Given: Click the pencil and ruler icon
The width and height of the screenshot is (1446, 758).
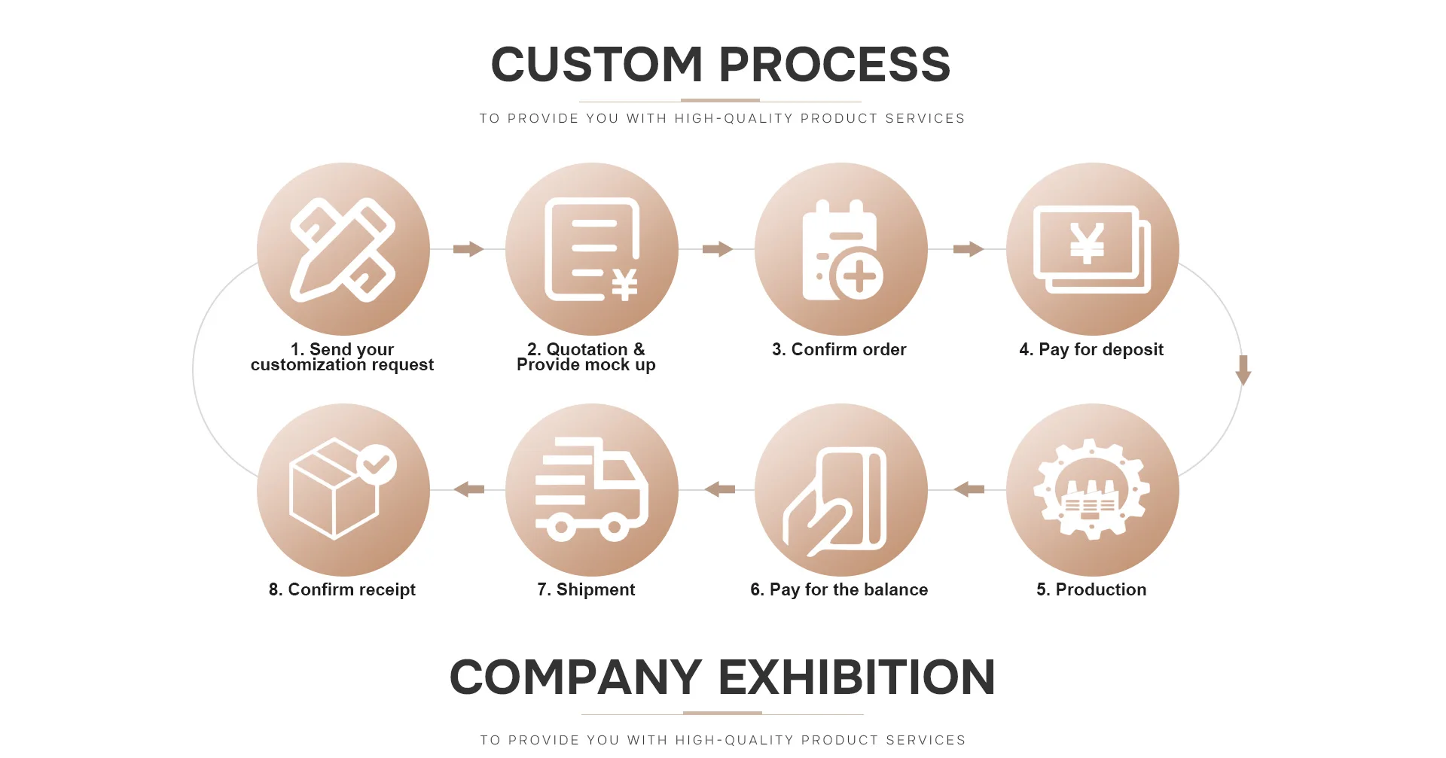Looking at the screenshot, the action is (x=343, y=249).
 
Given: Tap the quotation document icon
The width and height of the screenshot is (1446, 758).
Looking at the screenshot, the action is (x=592, y=249).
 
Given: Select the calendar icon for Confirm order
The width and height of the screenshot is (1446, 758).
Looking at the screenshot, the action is (x=841, y=249).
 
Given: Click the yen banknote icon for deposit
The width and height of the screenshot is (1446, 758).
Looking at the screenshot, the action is (x=1092, y=249).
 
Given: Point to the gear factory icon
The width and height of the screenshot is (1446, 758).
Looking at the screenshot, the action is (x=1092, y=490).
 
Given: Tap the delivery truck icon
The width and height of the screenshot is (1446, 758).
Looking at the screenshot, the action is (x=592, y=490).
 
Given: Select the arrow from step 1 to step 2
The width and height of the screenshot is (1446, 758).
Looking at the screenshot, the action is (x=468, y=249).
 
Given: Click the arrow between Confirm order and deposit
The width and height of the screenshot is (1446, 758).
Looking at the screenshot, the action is (x=968, y=249).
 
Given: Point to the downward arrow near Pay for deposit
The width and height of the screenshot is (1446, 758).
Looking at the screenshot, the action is (x=1243, y=370).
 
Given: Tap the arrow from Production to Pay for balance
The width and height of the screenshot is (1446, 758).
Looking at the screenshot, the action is (x=969, y=490).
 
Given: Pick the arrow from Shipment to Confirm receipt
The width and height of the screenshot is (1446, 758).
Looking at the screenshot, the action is (x=469, y=490).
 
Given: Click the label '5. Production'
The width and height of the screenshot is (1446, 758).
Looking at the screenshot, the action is (x=1091, y=589).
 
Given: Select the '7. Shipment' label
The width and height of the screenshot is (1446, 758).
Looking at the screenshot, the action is (x=586, y=589).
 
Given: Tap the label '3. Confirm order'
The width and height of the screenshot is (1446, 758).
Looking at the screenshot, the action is (x=839, y=349).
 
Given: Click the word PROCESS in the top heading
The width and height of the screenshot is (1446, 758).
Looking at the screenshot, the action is (x=834, y=65).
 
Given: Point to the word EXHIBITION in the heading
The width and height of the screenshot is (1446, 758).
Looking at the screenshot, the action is (x=857, y=677).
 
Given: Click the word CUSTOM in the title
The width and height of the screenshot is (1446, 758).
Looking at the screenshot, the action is (x=596, y=65).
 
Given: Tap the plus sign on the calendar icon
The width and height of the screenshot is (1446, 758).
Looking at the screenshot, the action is (x=859, y=277).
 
